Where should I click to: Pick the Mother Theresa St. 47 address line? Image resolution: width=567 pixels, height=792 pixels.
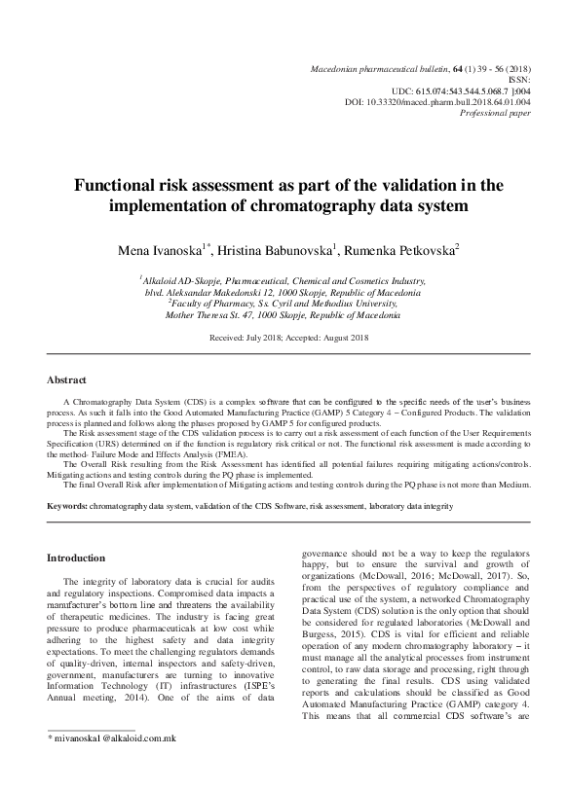pyautogui.click(x=283, y=316)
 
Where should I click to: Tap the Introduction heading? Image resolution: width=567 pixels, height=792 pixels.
pyautogui.click(x=77, y=558)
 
